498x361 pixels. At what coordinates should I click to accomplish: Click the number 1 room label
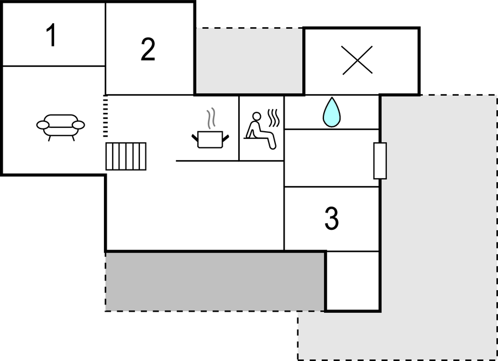coord(52,35)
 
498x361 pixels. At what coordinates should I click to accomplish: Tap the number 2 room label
coord(148,49)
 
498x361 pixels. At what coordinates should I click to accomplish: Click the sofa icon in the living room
coord(60,127)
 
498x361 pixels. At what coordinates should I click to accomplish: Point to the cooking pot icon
coord(210,140)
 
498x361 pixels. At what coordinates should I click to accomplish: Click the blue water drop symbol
coord(332,112)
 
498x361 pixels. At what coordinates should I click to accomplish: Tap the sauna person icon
coord(261,131)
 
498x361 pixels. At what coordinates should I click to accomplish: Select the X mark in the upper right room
coord(357,60)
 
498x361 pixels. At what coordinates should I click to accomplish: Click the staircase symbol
coord(126,156)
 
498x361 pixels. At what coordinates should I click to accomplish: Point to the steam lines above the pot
coord(211,118)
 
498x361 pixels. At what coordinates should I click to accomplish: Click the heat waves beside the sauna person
coord(274,118)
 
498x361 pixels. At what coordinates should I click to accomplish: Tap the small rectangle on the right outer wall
coord(380,161)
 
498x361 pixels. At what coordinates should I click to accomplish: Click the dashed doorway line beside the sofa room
coord(106,116)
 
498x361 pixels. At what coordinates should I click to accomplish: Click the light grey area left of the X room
coord(249,60)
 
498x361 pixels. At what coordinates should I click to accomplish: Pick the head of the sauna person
coord(256,116)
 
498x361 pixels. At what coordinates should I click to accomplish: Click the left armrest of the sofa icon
coord(43,125)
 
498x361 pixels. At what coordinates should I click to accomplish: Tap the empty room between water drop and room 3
coord(332,158)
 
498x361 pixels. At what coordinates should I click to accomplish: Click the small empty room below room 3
coord(353,281)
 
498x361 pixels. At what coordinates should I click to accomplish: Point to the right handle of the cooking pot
coord(226,138)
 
